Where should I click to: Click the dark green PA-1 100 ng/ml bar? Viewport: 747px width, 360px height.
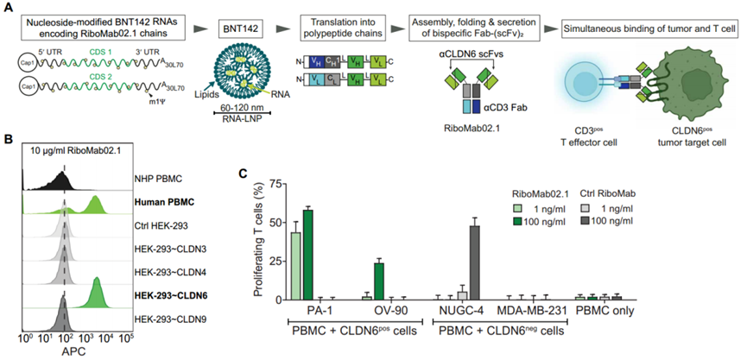[307, 255]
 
